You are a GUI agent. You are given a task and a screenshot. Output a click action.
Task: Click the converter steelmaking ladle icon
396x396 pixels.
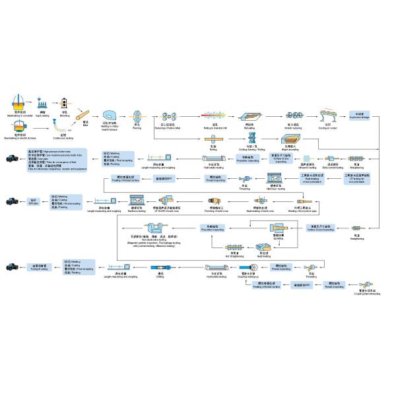point(19,103)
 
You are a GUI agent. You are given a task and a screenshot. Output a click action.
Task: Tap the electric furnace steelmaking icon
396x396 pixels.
point(19,126)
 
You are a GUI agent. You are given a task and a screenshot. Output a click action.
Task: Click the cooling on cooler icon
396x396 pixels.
point(328,115)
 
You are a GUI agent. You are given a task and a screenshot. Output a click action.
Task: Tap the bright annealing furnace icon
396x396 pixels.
point(290,139)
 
